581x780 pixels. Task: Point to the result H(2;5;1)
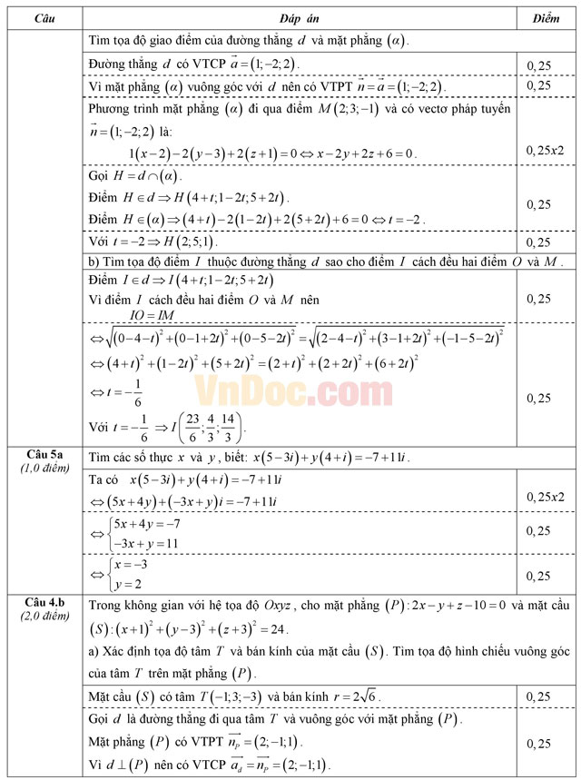(180, 242)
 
